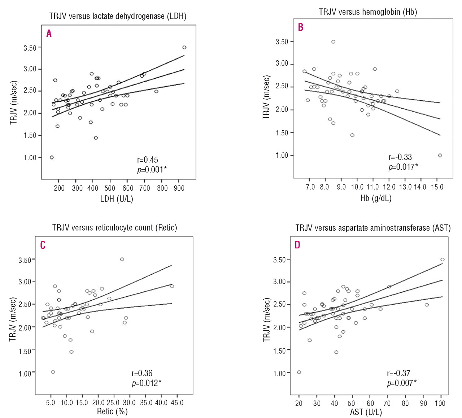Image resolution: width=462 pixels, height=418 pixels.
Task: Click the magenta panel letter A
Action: [x=49, y=34]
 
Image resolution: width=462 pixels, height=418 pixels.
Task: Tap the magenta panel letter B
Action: [x=301, y=27]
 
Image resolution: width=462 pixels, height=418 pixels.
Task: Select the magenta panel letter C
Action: [x=43, y=245]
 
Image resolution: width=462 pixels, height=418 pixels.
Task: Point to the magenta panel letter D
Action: [x=297, y=245]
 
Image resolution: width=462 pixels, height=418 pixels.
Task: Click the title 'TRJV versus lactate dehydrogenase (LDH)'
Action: [x=118, y=16]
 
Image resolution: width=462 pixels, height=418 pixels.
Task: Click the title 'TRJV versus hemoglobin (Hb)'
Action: [x=368, y=12]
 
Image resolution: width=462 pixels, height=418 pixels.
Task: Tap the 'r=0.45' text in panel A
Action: [x=148, y=160]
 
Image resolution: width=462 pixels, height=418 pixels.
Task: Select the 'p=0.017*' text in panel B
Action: [x=403, y=167]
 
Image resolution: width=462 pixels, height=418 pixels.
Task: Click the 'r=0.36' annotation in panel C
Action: [x=142, y=373]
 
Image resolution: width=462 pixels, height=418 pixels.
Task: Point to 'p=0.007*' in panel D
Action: [x=402, y=383]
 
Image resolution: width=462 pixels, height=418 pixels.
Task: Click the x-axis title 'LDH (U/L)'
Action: [x=117, y=199]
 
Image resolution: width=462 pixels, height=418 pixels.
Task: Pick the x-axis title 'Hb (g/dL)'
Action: [x=376, y=198]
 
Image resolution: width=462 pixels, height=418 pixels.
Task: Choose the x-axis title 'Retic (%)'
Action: [x=112, y=412]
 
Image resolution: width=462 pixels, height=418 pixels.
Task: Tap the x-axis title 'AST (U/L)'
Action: [x=366, y=412]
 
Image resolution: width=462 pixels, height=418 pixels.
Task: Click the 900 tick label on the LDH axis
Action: [x=179, y=188]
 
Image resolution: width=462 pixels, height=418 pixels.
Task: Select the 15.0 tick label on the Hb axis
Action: [x=437, y=187]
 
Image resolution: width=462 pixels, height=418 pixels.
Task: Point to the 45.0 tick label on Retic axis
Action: [x=176, y=402]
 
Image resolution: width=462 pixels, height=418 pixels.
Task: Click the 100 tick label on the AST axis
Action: [x=440, y=403]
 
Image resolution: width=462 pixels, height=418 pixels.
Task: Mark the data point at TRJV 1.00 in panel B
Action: [x=440, y=156]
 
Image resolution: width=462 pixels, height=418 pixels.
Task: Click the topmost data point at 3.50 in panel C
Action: [x=122, y=259]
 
